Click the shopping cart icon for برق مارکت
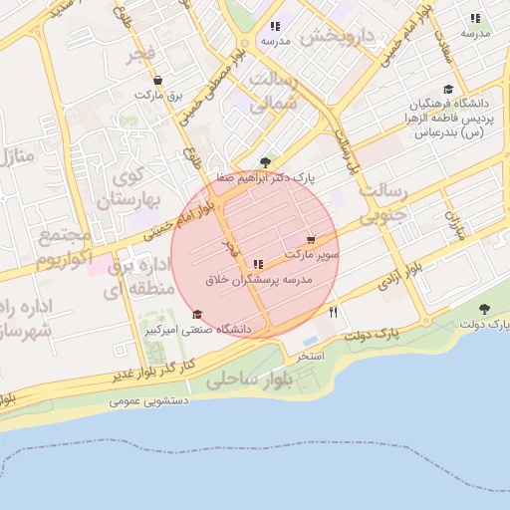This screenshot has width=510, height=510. tap(157, 80)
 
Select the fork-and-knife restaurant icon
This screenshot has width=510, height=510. tap(333, 312)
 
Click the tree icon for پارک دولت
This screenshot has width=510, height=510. tap(484, 309)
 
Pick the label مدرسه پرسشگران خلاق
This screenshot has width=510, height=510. tap(259, 281)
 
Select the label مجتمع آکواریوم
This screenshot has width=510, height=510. tap(66, 249)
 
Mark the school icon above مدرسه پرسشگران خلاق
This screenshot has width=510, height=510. tap(259, 264)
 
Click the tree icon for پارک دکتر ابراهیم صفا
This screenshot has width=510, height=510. tap(264, 161)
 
